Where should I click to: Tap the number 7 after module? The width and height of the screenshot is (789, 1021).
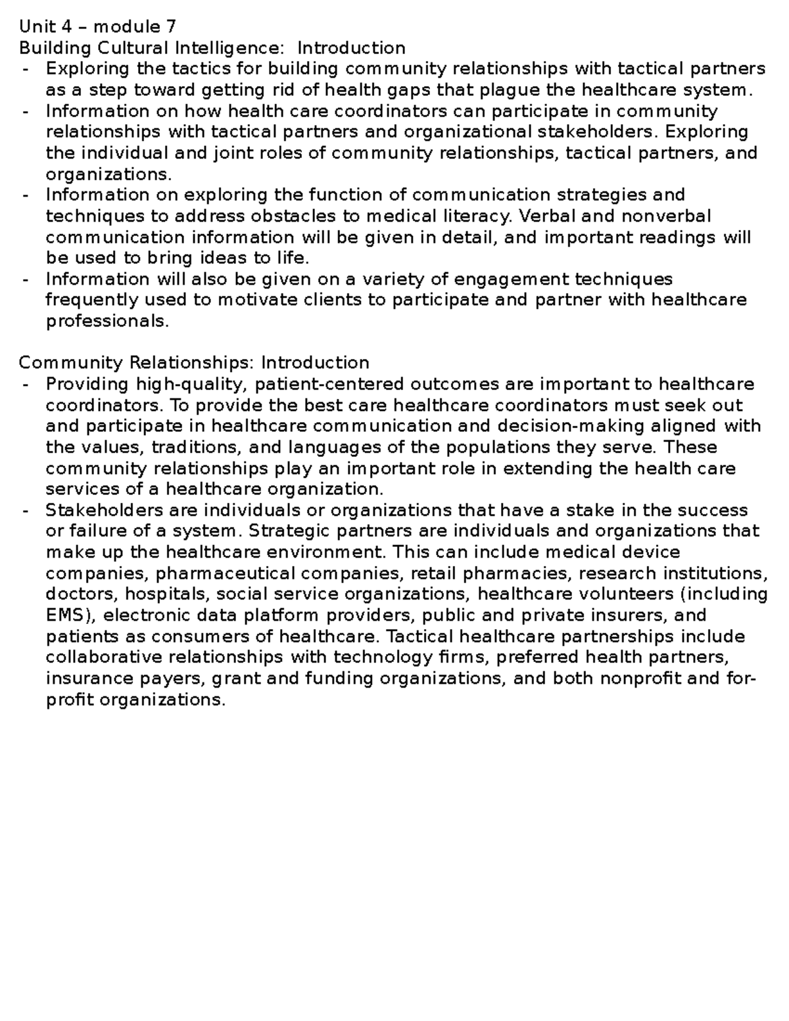coord(171,27)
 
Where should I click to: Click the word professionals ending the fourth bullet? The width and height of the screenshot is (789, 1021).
coord(107,321)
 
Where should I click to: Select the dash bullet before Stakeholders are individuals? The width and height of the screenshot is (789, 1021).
coord(25,511)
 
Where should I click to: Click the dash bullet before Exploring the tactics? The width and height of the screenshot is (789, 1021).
coord(25,69)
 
